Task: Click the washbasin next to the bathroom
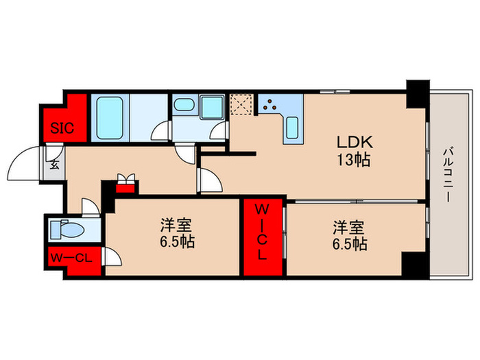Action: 183,106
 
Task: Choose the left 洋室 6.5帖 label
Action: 176,234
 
